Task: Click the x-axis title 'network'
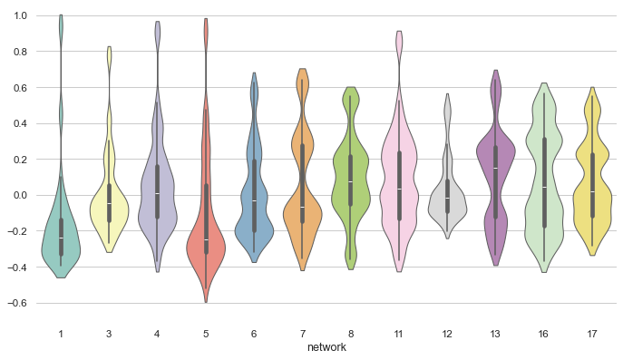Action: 326,347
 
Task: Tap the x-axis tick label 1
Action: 61,334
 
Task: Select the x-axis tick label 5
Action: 206,334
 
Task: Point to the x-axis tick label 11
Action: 399,334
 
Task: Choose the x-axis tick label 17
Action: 592,334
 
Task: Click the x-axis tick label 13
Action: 495,334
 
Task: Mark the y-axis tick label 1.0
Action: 19,16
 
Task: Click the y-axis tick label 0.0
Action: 19,195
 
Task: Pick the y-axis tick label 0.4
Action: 19,123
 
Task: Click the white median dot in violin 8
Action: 351,181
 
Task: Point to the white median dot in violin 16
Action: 544,188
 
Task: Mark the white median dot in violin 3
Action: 109,204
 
